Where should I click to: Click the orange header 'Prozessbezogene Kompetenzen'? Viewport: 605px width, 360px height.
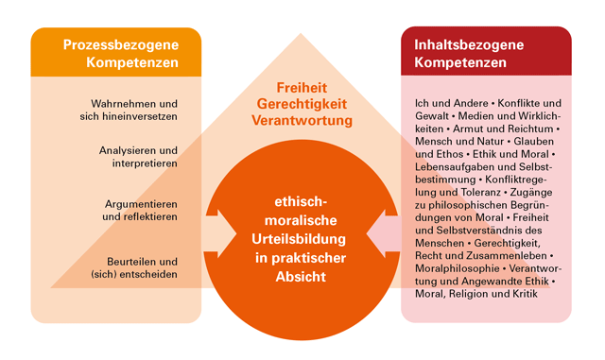pos(115,53)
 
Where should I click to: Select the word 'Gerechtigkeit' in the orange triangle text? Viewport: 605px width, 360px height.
pos(302,104)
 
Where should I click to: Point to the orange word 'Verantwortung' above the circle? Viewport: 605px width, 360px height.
pos(302,121)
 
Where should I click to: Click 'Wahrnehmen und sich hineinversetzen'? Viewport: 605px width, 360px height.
pos(133,109)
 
